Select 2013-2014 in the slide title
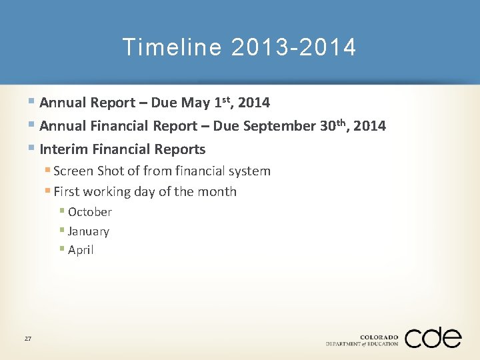[x=294, y=47]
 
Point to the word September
[x=277, y=126]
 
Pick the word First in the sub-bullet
[x=65, y=192]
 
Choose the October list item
[x=89, y=212]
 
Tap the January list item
[x=88, y=231]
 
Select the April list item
[x=81, y=251]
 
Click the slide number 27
[x=28, y=339]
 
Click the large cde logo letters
[x=433, y=338]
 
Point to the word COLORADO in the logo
[x=379, y=337]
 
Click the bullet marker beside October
[x=61, y=211]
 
